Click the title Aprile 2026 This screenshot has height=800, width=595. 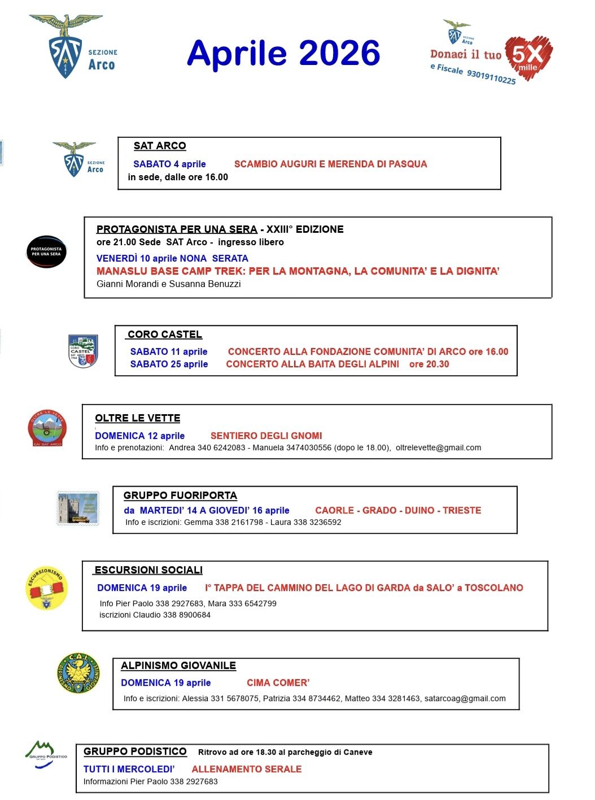tap(283, 54)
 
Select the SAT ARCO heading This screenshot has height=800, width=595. tap(160, 146)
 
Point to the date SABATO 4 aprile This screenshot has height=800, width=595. tap(169, 164)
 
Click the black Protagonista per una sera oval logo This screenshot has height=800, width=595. tap(46, 251)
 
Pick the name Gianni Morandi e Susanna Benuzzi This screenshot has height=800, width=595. tap(168, 284)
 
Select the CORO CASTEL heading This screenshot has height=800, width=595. tap(165, 334)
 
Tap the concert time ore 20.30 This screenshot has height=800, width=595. tap(429, 364)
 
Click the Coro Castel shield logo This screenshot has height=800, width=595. tap(83, 351)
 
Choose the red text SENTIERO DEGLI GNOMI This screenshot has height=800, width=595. tap(266, 436)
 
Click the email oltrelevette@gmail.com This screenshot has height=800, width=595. tap(438, 448)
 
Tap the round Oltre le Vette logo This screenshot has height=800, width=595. tap(47, 428)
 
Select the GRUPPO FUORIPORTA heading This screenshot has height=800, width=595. tap(180, 495)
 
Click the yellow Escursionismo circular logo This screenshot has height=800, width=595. tap(46, 588)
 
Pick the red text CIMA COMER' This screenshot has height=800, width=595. tap(278, 683)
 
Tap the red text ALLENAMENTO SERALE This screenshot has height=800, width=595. tap(247, 769)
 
